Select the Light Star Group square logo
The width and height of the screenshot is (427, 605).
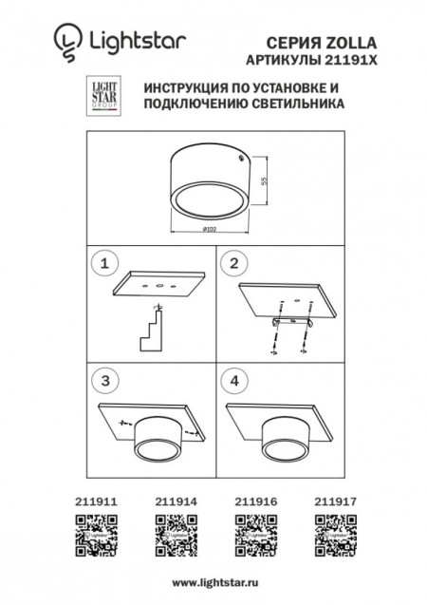pos(102,95)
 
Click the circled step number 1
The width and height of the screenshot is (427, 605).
pos(106,260)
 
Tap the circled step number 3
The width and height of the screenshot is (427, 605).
pos(106,381)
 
